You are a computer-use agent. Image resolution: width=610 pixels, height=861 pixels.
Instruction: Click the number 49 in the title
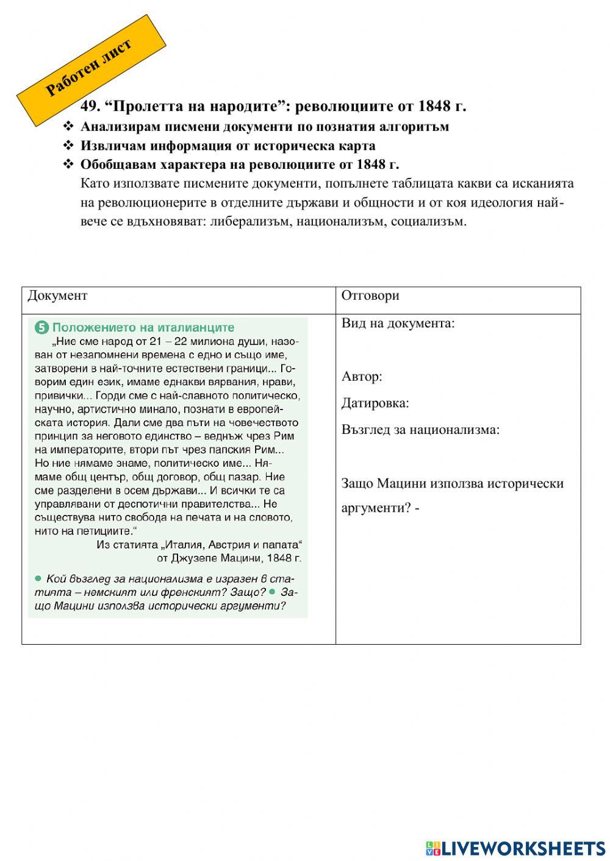pos(90,106)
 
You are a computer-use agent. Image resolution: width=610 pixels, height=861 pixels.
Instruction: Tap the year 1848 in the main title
pos(434,106)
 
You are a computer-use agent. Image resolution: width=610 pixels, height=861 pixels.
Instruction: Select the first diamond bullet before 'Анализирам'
pos(68,127)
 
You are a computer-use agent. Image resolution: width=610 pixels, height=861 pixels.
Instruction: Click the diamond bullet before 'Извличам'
pos(68,146)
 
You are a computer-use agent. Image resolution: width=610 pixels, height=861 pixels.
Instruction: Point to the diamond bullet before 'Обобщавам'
pos(68,165)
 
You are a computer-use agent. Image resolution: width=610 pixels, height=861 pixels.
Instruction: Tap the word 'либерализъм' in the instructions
pos(249,221)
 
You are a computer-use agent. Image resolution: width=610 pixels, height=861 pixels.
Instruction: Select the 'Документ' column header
pos(57,296)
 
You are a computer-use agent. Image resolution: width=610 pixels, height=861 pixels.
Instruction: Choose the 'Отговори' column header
pos(370,296)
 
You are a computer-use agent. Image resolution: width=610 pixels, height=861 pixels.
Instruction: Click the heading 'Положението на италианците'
pos(143,327)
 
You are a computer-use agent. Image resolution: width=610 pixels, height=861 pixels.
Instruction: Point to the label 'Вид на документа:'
pos(398,324)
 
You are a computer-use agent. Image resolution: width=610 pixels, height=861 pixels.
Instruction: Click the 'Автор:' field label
pos(362,377)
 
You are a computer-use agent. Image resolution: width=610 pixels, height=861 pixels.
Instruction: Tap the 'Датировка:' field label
pos(375,403)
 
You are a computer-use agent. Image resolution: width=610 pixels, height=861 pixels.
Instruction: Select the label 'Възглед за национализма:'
pos(420,430)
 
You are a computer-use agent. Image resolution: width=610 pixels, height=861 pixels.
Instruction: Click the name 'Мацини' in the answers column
pos(400,484)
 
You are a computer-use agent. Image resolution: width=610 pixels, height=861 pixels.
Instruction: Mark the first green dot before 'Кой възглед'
pos(38,578)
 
